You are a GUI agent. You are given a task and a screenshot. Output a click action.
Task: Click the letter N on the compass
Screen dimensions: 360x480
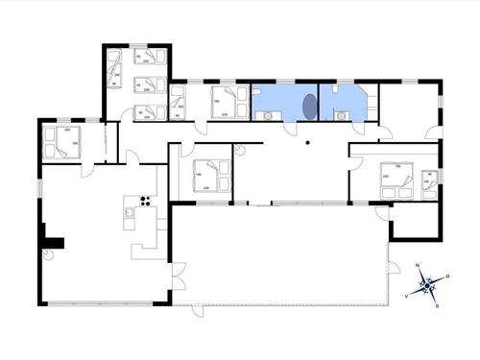[418, 266]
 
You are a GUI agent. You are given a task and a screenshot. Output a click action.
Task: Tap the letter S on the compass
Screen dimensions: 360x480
[437, 305]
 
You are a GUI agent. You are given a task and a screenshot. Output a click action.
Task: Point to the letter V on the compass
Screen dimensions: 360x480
[408, 296]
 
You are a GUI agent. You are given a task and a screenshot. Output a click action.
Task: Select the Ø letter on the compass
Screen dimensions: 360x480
[446, 276]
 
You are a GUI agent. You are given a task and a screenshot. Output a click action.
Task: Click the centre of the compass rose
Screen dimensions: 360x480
[427, 285]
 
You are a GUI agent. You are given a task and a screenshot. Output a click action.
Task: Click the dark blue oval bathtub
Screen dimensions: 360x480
[309, 106]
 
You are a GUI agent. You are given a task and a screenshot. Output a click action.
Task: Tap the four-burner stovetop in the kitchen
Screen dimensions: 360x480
[146, 201]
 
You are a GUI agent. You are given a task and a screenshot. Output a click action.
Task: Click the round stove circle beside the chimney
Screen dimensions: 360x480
[45, 254]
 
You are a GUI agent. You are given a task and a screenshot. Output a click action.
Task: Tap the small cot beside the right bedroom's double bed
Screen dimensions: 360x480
[428, 182]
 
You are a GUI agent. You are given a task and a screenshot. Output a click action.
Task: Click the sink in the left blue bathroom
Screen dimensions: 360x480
[266, 116]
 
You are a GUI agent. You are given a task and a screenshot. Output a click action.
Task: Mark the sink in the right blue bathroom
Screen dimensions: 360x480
[340, 115]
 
